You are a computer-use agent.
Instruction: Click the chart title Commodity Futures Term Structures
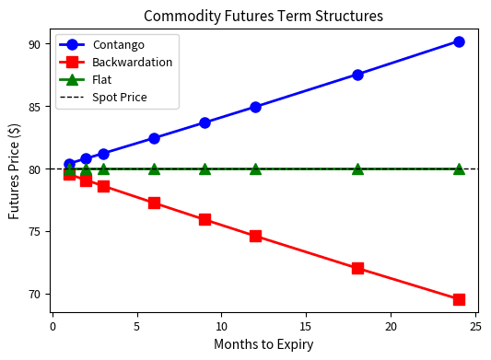click(263, 16)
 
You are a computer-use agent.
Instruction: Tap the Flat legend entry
click(102, 79)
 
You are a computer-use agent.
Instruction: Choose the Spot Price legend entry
click(119, 97)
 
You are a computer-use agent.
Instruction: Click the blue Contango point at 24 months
click(459, 41)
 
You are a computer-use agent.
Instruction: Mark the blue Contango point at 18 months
click(357, 75)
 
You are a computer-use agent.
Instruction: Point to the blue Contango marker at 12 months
click(255, 107)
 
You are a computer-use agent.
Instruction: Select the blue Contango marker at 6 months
click(154, 138)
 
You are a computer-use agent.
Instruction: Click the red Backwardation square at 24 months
click(459, 299)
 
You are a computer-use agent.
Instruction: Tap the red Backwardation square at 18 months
click(357, 268)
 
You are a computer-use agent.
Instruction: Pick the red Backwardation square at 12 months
click(255, 236)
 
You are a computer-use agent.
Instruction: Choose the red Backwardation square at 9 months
click(205, 219)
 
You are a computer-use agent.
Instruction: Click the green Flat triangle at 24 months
click(459, 168)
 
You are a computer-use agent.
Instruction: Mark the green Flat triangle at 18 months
click(357, 168)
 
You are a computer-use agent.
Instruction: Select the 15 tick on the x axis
click(306, 325)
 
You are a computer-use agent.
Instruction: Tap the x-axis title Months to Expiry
click(263, 344)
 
